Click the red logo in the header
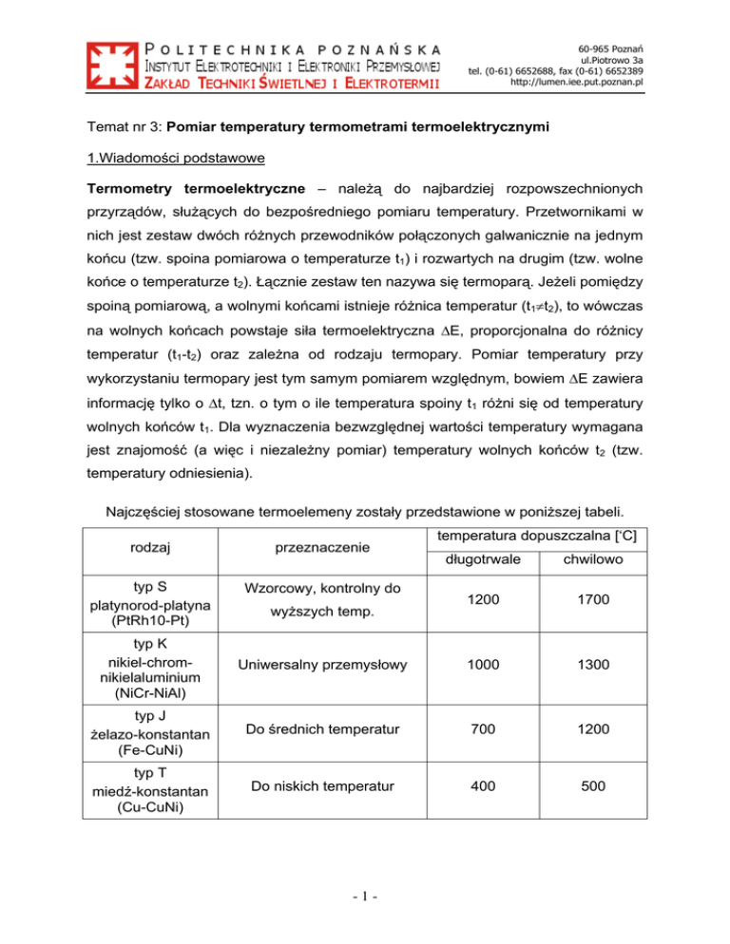112,66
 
